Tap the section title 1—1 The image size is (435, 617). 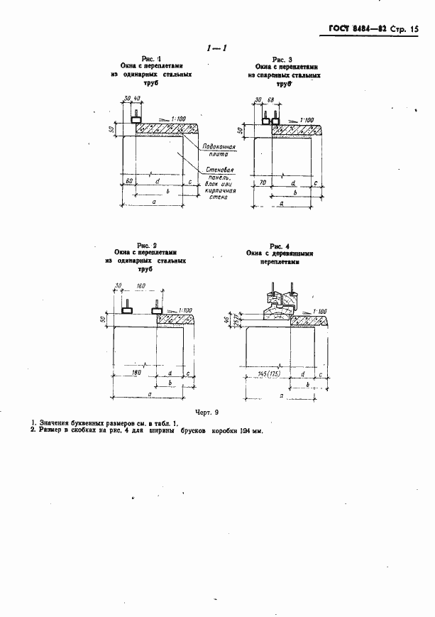tap(215, 48)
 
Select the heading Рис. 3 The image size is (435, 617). tap(282, 60)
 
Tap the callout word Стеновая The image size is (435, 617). tap(214, 170)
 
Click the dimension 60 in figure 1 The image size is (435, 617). tap(129, 182)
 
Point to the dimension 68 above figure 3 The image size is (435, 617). tap(270, 100)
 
